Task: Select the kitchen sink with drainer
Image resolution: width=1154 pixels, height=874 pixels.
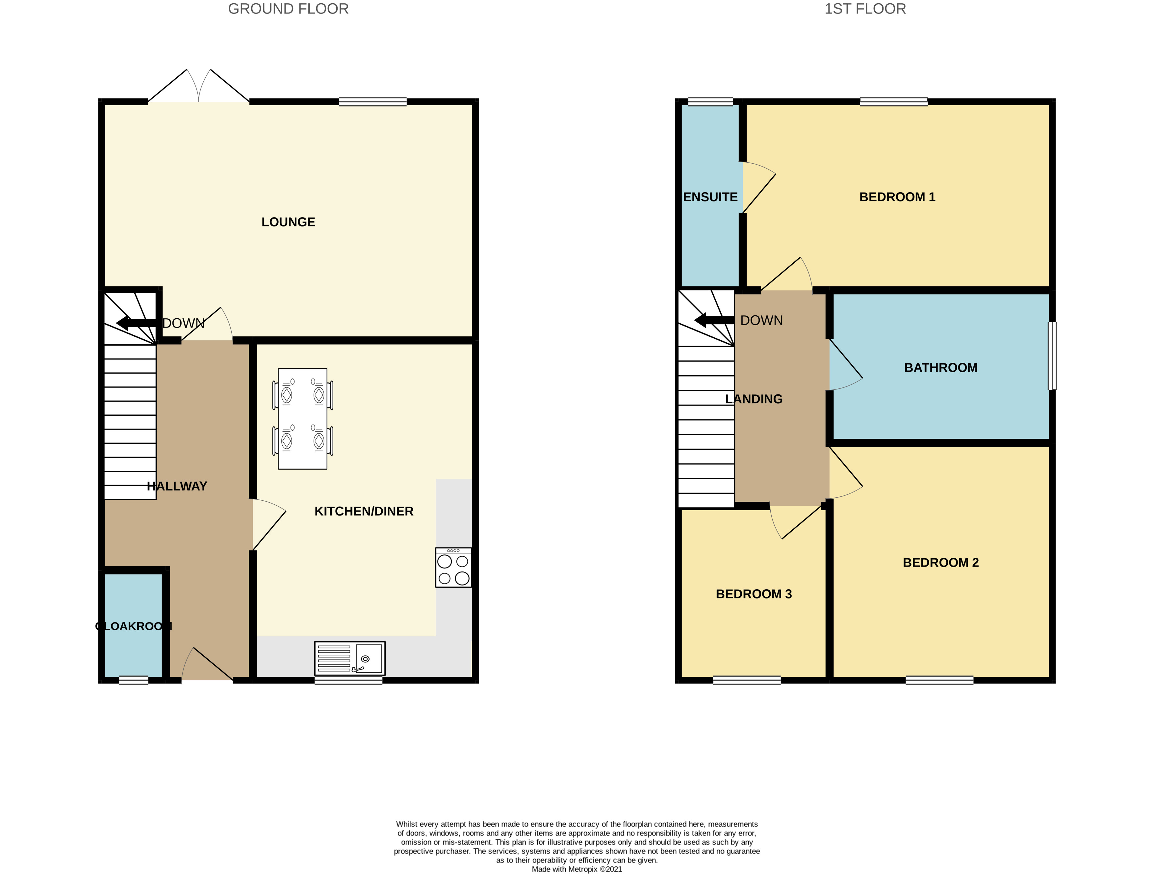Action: tap(349, 658)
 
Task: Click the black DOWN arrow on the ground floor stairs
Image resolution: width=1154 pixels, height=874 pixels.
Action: tap(136, 323)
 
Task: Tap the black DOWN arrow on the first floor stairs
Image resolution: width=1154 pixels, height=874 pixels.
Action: tap(714, 320)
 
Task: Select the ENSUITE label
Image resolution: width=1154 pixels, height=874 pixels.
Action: tap(710, 197)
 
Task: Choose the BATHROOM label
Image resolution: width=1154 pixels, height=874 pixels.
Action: tap(941, 368)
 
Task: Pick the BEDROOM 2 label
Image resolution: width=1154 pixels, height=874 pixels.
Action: tap(941, 563)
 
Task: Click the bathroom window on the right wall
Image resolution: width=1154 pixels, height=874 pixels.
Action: tap(1052, 356)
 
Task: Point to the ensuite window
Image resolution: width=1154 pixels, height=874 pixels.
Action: tap(710, 102)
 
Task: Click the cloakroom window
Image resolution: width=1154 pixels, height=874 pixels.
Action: tap(134, 680)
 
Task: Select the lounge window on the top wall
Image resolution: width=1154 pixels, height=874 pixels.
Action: tap(372, 102)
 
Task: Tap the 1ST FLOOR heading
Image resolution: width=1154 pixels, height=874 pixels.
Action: tap(865, 9)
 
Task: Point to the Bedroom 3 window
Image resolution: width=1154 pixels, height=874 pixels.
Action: tap(747, 680)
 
